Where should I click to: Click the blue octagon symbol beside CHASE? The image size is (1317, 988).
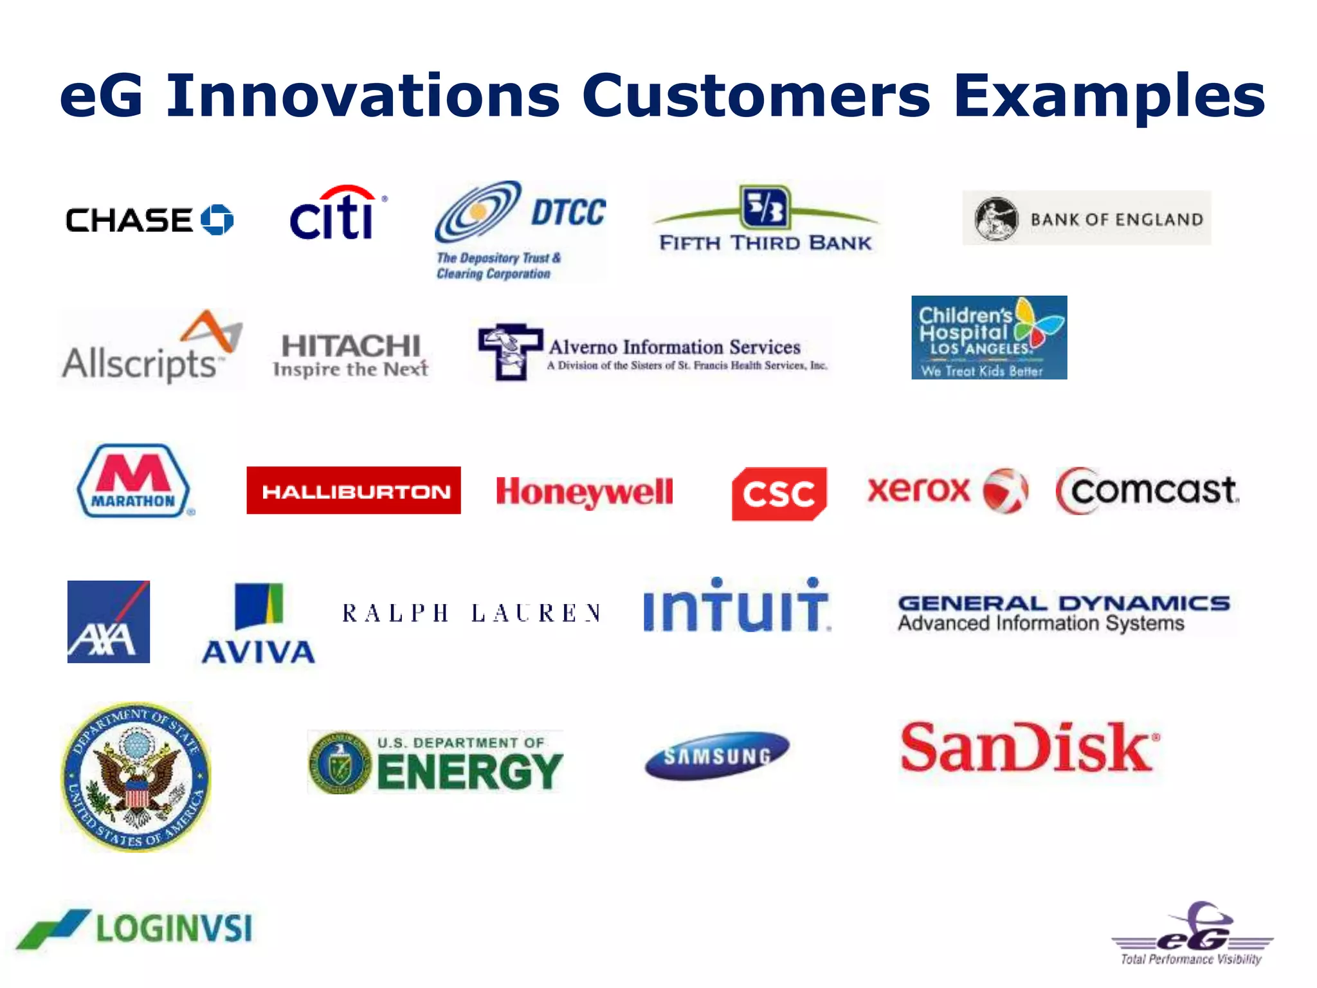tap(217, 220)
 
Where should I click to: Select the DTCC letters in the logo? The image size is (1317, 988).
tap(568, 213)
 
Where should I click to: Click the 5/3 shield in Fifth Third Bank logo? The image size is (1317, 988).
tap(765, 208)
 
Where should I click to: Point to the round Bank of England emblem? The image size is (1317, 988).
tap(996, 219)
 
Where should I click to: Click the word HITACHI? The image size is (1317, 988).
tap(351, 346)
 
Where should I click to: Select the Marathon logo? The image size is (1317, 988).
tap(134, 481)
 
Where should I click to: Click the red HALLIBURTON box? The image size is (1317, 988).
tap(354, 491)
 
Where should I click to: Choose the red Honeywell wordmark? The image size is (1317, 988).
tap(584, 492)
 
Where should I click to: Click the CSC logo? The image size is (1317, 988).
tap(779, 493)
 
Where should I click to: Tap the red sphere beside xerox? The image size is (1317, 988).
tap(1005, 491)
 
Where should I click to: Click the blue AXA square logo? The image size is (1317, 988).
tap(109, 621)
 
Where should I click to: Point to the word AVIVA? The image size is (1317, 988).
tap(259, 652)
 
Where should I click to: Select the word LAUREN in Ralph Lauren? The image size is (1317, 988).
tap(536, 613)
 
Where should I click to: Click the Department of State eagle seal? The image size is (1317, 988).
tap(136, 777)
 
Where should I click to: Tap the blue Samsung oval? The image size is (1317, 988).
tap(716, 755)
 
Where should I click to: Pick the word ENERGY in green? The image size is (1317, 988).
tap(469, 772)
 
